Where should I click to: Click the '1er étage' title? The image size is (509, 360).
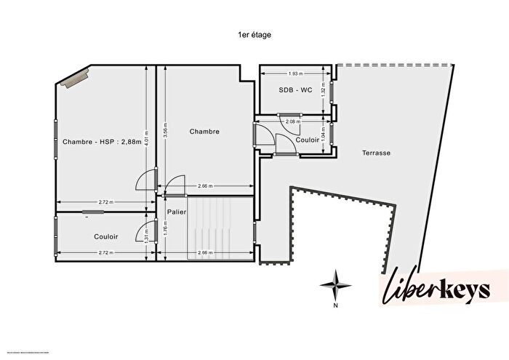tap(254, 35)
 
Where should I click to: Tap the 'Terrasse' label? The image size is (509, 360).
tap(377, 153)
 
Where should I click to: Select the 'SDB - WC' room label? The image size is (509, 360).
tap(295, 89)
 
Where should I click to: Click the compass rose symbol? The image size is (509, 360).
tap(334, 284)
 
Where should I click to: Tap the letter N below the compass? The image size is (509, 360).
tap(335, 306)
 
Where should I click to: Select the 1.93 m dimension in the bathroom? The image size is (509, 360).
tap(294, 74)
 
